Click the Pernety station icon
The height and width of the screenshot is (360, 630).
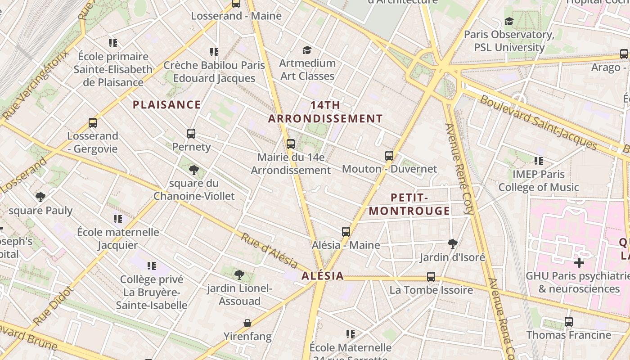pyautogui.click(x=191, y=134)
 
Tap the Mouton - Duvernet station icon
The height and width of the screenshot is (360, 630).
pyautogui.click(x=389, y=156)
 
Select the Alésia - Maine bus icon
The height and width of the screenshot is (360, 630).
pyautogui.click(x=346, y=232)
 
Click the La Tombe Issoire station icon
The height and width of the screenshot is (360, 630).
pyautogui.click(x=431, y=277)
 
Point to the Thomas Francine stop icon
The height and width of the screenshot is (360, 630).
pyautogui.click(x=569, y=322)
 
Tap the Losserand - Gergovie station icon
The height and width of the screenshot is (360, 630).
pyautogui.click(x=93, y=123)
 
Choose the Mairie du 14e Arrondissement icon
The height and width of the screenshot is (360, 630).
pyautogui.click(x=291, y=144)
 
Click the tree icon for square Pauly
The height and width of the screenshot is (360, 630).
pyautogui.click(x=40, y=197)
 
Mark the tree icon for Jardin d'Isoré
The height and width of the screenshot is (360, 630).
pyautogui.click(x=453, y=244)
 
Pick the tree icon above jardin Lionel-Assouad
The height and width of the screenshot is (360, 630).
pyautogui.click(x=239, y=274)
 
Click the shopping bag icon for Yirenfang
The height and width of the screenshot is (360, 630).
pyautogui.click(x=247, y=323)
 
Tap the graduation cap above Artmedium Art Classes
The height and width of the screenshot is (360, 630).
pyautogui.click(x=307, y=50)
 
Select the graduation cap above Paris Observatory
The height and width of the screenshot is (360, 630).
pyautogui.click(x=509, y=21)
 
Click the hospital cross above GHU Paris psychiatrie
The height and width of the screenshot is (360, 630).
pyautogui.click(x=579, y=262)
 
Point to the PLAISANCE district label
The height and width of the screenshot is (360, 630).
pyautogui.click(x=166, y=105)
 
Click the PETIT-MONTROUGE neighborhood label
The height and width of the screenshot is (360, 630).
pyautogui.click(x=409, y=204)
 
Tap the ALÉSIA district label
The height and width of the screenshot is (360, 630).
pyautogui.click(x=323, y=276)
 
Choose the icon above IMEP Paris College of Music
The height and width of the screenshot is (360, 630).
pyautogui.click(x=538, y=161)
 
